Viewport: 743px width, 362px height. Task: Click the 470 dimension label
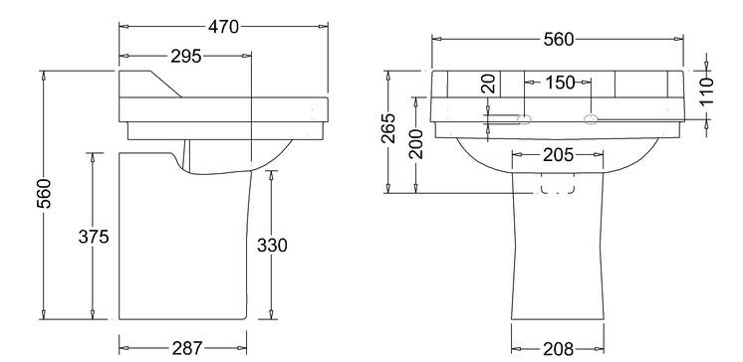(x=223, y=27)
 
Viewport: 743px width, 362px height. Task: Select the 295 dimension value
(x=185, y=57)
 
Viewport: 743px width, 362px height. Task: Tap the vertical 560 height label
(x=44, y=194)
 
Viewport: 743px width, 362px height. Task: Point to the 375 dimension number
(x=94, y=236)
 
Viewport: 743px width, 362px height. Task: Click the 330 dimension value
(x=272, y=245)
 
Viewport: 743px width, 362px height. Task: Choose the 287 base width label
(x=186, y=349)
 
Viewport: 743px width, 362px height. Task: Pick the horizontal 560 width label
(x=558, y=40)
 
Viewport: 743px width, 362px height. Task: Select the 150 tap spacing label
(x=560, y=83)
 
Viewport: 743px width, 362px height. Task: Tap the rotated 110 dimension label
(x=706, y=91)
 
